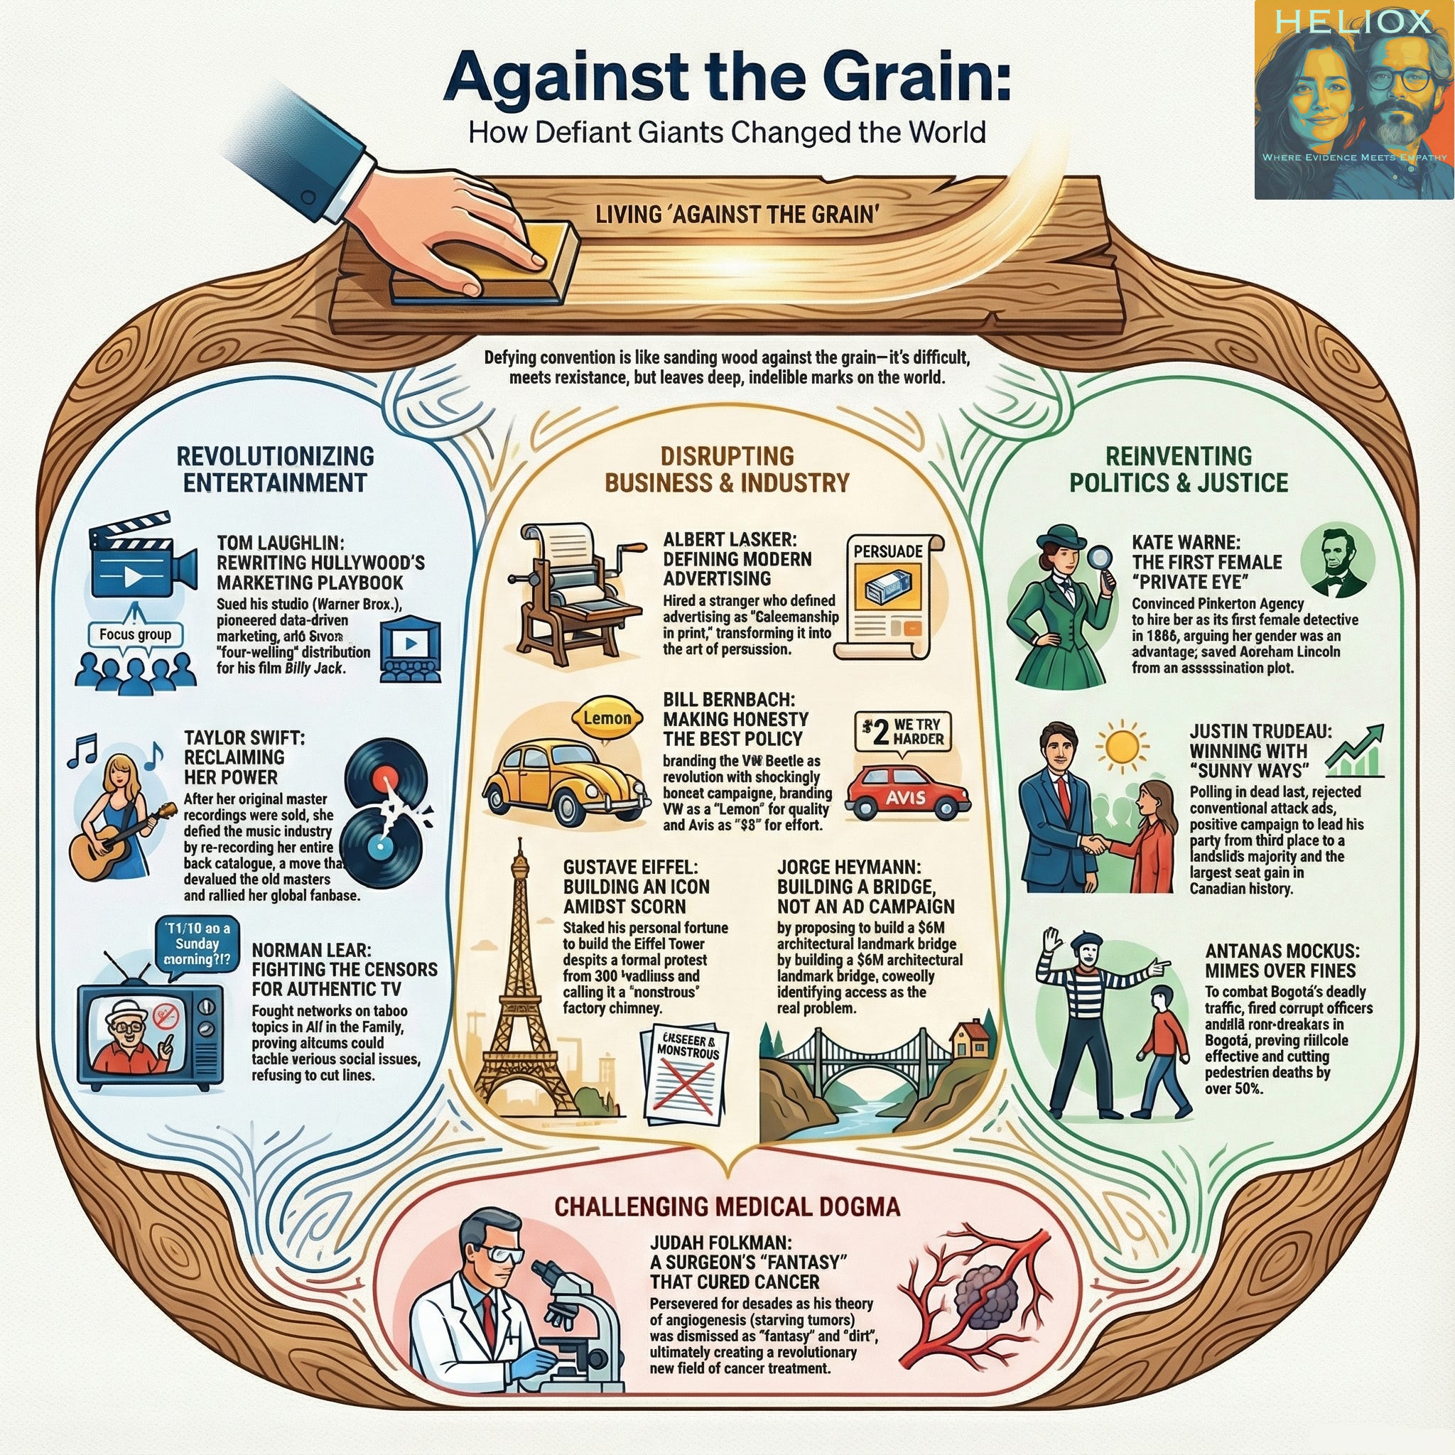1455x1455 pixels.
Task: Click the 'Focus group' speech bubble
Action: click(x=136, y=634)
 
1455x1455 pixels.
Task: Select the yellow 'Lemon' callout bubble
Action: click(x=607, y=718)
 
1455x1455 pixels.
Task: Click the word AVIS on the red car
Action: click(x=905, y=798)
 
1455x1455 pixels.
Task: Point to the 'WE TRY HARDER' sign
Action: click(x=904, y=731)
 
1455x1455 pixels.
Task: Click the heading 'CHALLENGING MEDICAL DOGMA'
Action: click(x=727, y=1206)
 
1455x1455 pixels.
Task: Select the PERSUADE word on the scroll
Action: click(x=888, y=551)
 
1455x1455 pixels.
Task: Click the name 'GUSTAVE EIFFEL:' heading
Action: click(x=625, y=867)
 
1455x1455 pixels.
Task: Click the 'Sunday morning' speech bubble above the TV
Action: click(x=198, y=943)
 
